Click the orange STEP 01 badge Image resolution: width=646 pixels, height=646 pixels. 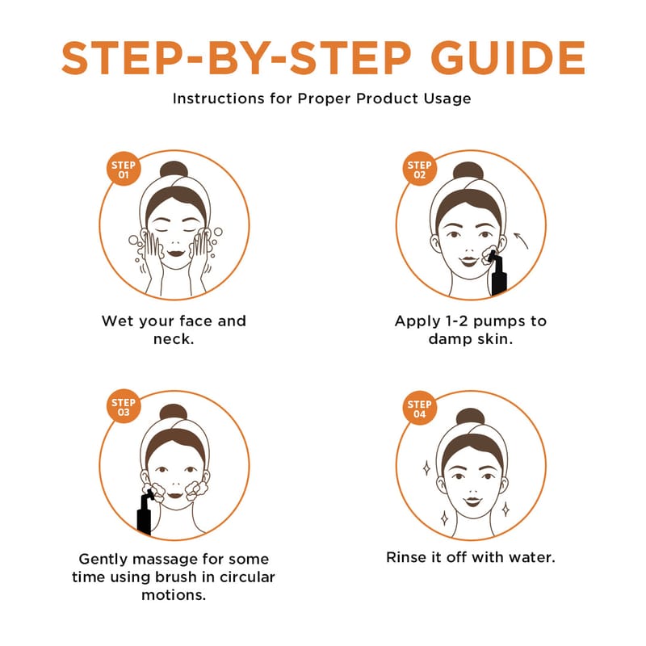pyautogui.click(x=124, y=170)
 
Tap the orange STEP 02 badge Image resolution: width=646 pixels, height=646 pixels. pyautogui.click(x=419, y=170)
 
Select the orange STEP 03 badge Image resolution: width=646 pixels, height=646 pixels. pyautogui.click(x=124, y=407)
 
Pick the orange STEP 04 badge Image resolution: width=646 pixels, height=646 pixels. pyautogui.click(x=419, y=409)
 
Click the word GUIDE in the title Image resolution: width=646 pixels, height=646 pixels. pyautogui.click(x=508, y=58)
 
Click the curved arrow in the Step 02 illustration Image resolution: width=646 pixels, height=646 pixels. pyautogui.click(x=522, y=240)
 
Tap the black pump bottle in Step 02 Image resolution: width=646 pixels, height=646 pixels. pyautogui.click(x=497, y=273)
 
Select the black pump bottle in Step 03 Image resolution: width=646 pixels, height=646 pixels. pyautogui.click(x=145, y=514)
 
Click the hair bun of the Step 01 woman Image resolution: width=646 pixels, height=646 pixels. pyautogui.click(x=174, y=170)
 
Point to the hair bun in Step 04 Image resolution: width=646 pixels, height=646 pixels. pyautogui.click(x=470, y=417)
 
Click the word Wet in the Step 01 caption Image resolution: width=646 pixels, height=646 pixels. pyautogui.click(x=117, y=321)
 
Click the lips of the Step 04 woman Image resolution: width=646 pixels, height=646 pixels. pyautogui.click(x=472, y=501)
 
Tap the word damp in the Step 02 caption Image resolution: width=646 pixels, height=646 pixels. pyautogui.click(x=450, y=340)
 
